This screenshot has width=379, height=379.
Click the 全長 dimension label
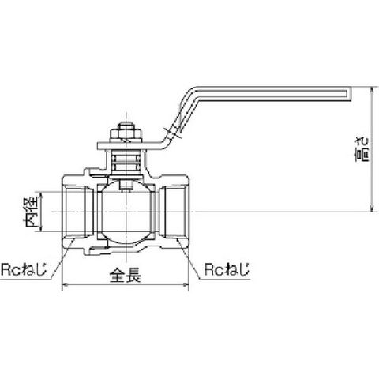point(126,275)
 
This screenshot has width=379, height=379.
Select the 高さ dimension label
point(362,149)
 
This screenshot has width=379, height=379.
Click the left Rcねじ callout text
point(24,270)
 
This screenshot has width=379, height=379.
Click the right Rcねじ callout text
point(227,269)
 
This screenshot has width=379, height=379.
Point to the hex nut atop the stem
point(126,134)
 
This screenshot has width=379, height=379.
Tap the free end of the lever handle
point(351,93)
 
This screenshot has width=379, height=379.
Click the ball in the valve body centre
point(126,212)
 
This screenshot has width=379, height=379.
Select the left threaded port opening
point(77,212)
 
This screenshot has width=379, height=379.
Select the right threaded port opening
point(174,212)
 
